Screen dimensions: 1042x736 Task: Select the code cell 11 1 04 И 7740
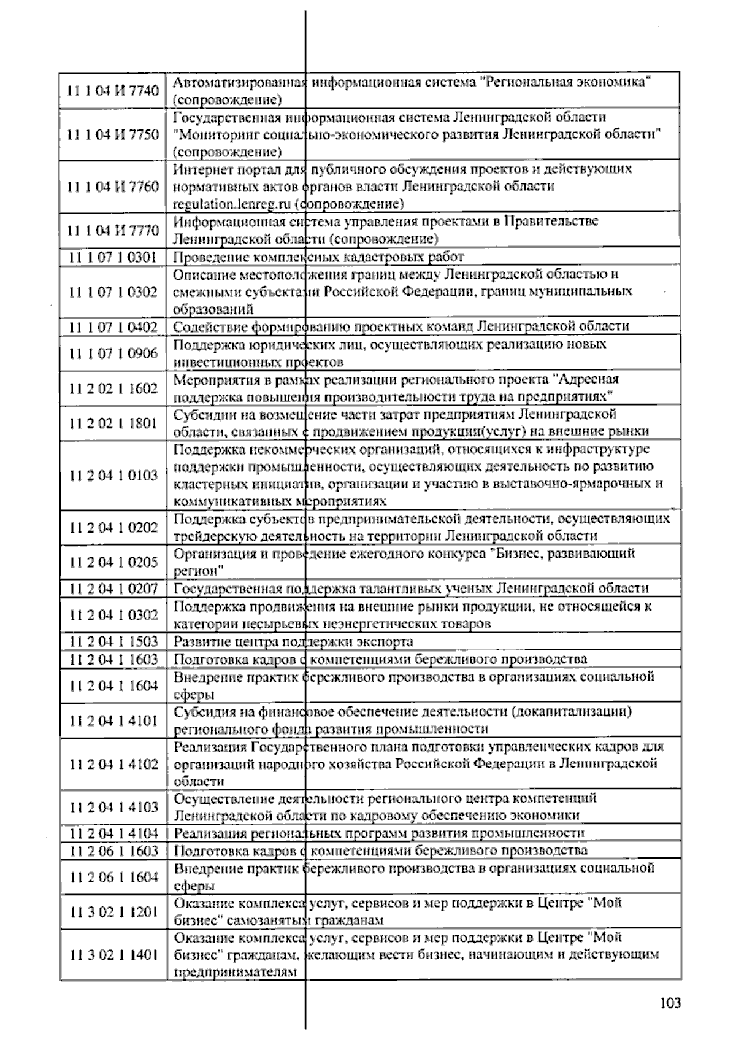pyautogui.click(x=113, y=91)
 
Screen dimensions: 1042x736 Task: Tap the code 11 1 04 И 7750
pyautogui.click(x=113, y=134)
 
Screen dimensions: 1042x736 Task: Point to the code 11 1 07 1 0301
pyautogui.click(x=113, y=257)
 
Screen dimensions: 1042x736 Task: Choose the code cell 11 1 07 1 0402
pyautogui.click(x=113, y=326)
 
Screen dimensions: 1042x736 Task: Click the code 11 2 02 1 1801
pyautogui.click(x=113, y=423)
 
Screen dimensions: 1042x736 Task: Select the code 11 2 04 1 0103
pyautogui.click(x=113, y=475)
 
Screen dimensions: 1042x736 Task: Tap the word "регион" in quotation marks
pyautogui.click(x=198, y=571)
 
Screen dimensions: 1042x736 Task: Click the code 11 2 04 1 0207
pyautogui.click(x=113, y=589)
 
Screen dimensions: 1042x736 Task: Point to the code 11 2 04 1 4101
pyautogui.click(x=113, y=720)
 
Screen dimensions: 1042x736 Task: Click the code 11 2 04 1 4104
pyautogui.click(x=113, y=833)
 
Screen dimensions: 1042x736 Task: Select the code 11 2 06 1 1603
pyautogui.click(x=113, y=851)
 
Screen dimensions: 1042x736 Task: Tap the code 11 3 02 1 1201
pyautogui.click(x=113, y=912)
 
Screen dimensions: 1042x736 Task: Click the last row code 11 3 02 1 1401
pyautogui.click(x=113, y=955)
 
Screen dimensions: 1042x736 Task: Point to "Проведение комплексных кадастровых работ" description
pyautogui.click(x=318, y=257)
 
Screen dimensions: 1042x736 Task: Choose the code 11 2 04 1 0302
pyautogui.click(x=113, y=615)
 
